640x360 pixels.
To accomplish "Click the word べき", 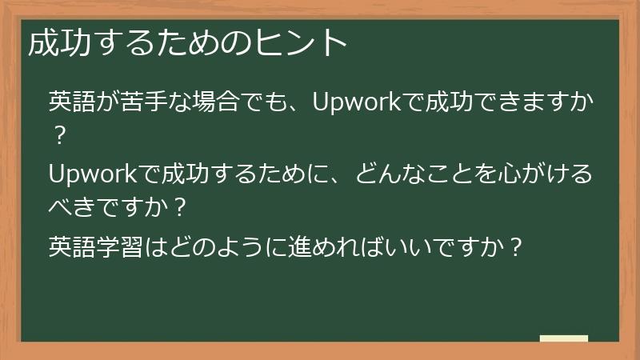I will [x=72, y=208].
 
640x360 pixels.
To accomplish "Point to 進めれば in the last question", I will [x=342, y=244].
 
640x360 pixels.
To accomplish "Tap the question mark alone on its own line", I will [x=57, y=137].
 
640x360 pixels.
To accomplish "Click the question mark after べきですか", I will [x=180, y=208].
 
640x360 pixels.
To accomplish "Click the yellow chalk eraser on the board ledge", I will [x=563, y=338].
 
